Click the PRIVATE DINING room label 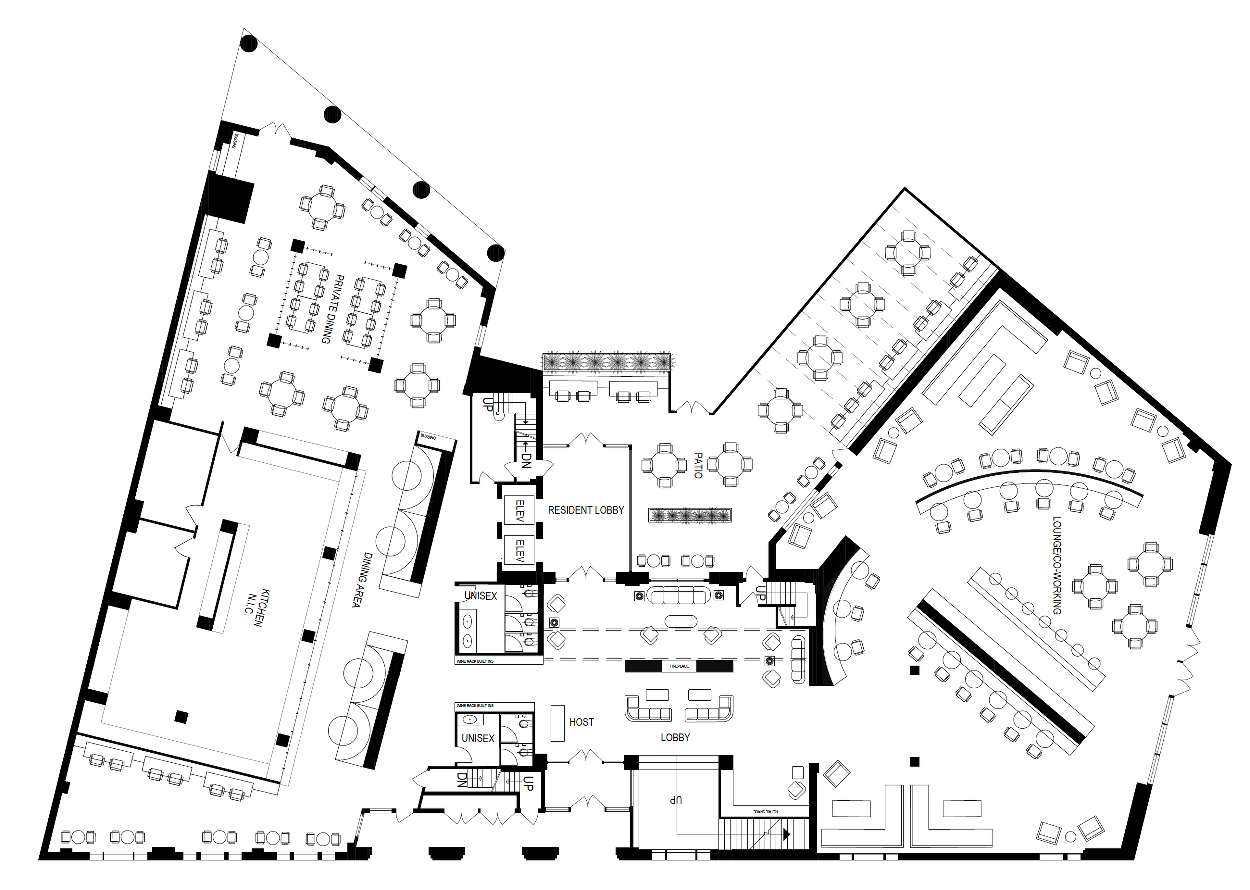click(x=333, y=309)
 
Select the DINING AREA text click(x=362, y=580)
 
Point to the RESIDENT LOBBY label click(x=585, y=510)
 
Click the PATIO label click(x=698, y=465)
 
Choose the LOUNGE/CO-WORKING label click(x=1056, y=565)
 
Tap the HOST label click(x=581, y=722)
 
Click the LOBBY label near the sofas click(x=675, y=737)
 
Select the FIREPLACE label click(x=678, y=666)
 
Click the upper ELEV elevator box click(x=520, y=510)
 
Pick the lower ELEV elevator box click(x=520, y=551)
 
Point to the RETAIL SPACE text click(x=766, y=811)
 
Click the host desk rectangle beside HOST click(x=557, y=723)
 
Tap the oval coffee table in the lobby click(x=681, y=621)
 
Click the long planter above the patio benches click(x=607, y=362)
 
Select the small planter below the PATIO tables click(x=690, y=515)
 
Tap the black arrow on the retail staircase click(x=786, y=834)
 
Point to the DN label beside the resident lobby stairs click(x=526, y=460)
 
